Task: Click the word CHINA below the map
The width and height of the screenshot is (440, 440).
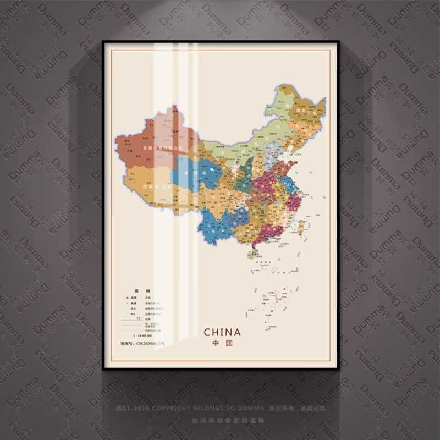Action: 222,332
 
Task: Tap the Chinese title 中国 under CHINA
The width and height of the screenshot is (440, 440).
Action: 222,343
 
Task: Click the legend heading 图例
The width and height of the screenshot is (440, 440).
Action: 131,290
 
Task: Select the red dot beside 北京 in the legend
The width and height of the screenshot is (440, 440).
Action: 127,298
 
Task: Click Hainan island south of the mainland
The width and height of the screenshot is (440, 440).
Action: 252,255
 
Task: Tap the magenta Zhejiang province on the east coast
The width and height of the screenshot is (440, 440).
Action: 293,202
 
